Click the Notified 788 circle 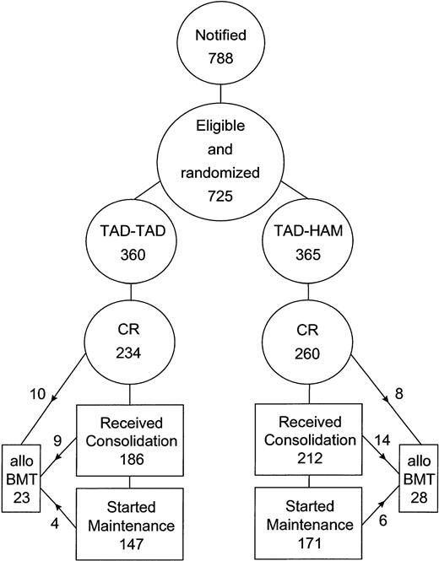tap(220, 44)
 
